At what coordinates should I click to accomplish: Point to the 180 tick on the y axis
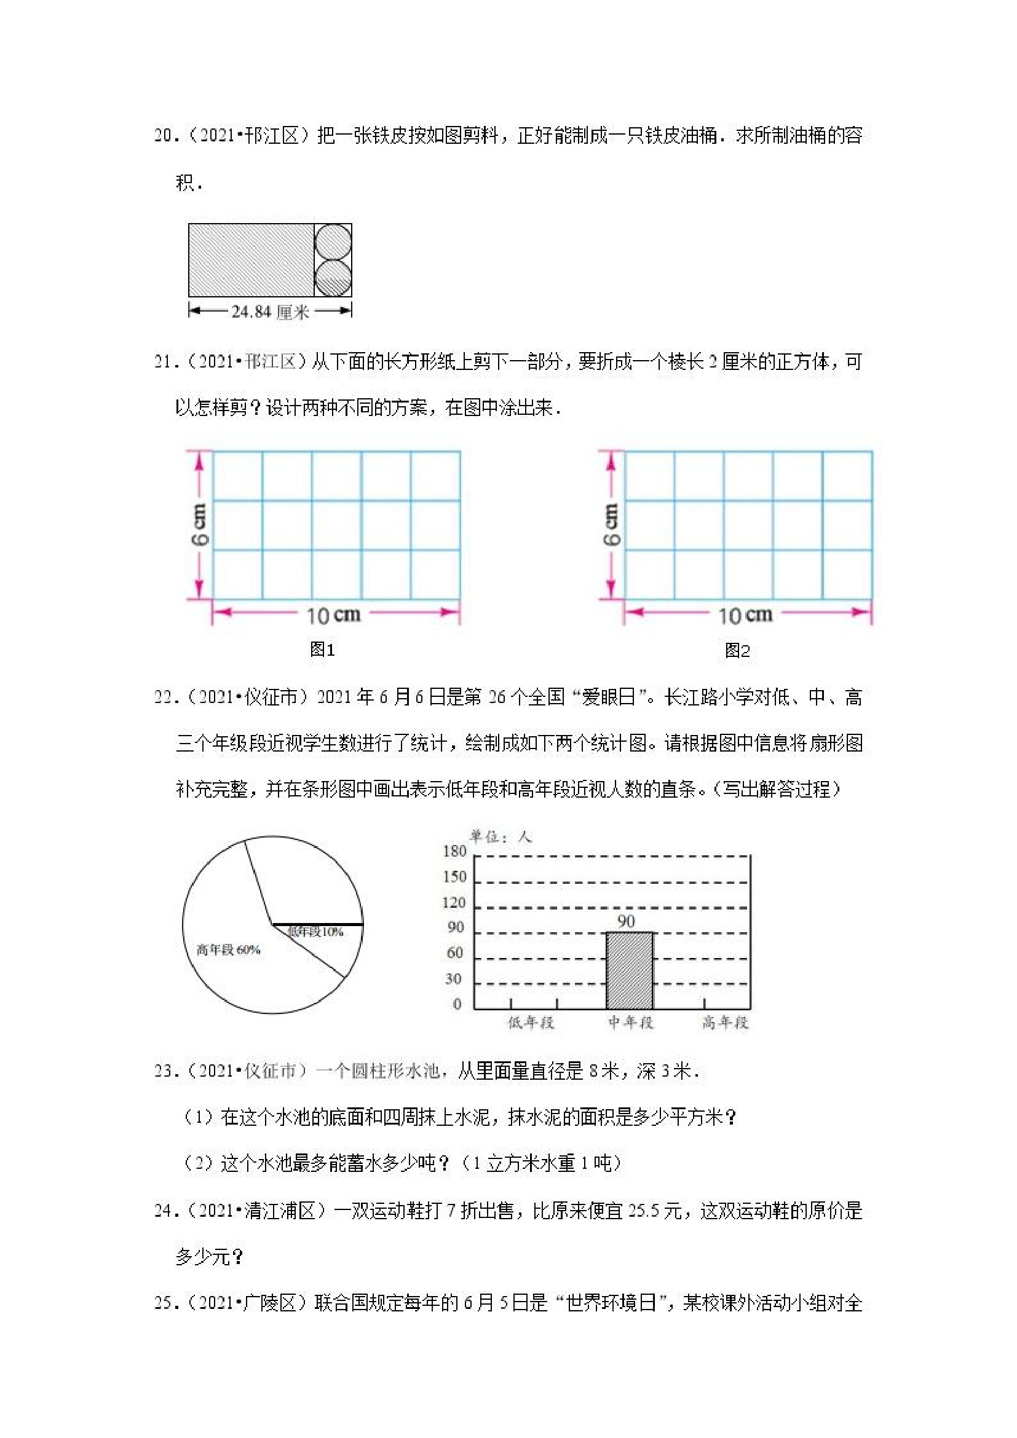tap(455, 851)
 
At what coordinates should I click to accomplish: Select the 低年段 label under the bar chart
tap(531, 1023)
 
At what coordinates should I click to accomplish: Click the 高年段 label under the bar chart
tap(725, 1023)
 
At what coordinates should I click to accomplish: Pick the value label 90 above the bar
tap(626, 921)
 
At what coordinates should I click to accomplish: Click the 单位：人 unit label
tap(501, 837)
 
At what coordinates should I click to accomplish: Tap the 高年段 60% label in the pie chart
tap(228, 950)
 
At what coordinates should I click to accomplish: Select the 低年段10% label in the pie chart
tap(316, 933)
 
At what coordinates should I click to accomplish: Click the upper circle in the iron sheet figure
tap(333, 242)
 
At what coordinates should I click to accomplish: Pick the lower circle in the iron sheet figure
tap(333, 278)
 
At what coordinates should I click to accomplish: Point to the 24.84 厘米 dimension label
tap(270, 312)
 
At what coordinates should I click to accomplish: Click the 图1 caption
tap(322, 650)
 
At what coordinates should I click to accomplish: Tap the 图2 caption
tap(737, 651)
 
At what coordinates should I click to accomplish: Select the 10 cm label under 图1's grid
tap(333, 615)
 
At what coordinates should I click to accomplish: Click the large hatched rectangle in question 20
tap(251, 260)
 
